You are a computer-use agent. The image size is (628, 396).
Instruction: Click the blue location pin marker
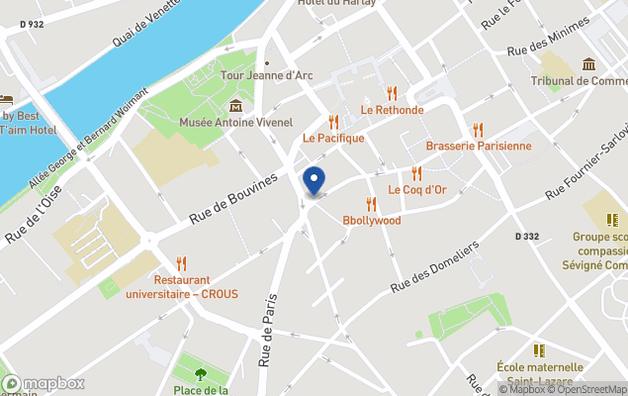(x=314, y=181)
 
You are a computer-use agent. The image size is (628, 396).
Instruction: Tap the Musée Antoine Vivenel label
(x=236, y=123)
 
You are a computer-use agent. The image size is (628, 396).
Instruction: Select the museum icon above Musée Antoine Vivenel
(x=235, y=106)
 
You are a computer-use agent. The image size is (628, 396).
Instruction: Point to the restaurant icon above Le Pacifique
(x=334, y=122)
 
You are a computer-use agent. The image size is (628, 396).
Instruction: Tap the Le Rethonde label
(x=392, y=110)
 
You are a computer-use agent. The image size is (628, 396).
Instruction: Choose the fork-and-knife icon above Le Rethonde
(x=393, y=93)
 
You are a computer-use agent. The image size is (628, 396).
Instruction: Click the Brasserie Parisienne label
(x=479, y=146)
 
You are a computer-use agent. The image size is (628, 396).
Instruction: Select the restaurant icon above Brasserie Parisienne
(x=479, y=130)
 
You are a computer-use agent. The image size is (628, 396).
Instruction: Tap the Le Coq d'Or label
(x=417, y=189)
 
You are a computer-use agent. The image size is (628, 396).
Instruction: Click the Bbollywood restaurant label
(x=372, y=220)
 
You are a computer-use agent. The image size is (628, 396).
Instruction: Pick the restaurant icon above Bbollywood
(x=372, y=204)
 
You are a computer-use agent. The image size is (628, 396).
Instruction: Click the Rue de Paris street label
(x=267, y=331)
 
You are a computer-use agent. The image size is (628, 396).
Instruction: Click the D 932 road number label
(x=32, y=25)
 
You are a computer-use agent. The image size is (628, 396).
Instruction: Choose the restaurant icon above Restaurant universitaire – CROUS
(x=181, y=263)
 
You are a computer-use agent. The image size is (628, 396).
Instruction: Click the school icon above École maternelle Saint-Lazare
(x=540, y=350)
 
